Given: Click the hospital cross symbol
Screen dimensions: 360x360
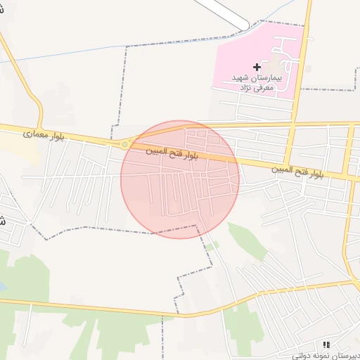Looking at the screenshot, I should [x=256, y=66].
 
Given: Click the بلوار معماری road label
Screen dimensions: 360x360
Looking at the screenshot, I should [x=44, y=133].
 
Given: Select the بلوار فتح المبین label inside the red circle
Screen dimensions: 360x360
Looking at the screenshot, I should [x=172, y=153].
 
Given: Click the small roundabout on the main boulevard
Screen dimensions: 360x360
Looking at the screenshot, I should [x=125, y=144].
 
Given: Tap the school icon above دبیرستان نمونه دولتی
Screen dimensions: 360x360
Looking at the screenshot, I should [x=326, y=345].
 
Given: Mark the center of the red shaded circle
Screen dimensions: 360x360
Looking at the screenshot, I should [x=180, y=179].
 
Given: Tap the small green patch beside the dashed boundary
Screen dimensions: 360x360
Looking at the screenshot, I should [x=212, y=245].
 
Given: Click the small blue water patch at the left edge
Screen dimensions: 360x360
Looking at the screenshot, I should [x=2, y=287].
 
